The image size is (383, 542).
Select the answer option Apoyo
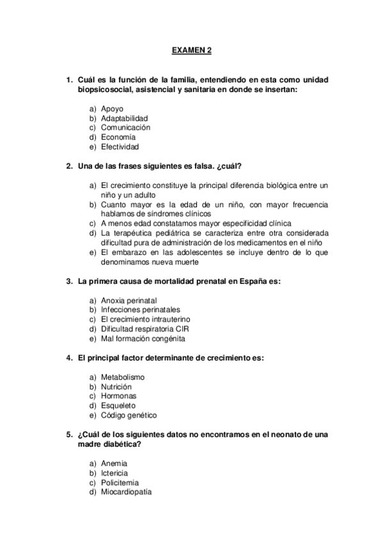pos(112,109)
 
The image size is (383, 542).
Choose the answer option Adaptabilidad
pos(125,118)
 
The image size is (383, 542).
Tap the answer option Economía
pos(118,137)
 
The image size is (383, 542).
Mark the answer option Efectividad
pos(120,146)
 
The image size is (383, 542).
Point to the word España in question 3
pos(256,281)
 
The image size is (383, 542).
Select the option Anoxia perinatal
pos(129,300)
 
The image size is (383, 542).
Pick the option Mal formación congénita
pos(143,338)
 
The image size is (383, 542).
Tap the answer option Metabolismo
pos(123,377)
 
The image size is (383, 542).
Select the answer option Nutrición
pos(116,387)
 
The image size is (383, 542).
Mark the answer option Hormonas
pos(119,396)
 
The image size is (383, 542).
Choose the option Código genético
pos(129,415)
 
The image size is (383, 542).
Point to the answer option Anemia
pos(114,463)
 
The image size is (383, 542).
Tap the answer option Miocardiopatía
pos(126,492)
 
